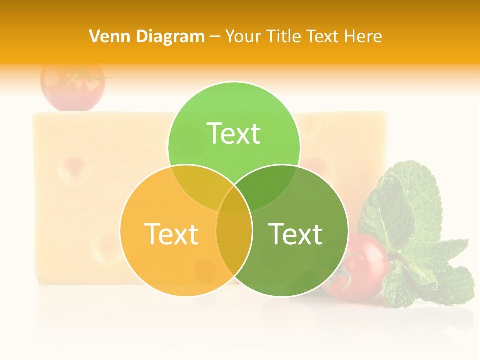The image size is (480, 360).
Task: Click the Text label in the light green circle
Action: (x=234, y=133)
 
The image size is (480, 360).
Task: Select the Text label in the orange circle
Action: (x=171, y=234)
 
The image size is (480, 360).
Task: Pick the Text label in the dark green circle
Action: (x=295, y=234)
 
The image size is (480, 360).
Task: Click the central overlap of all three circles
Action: (x=234, y=200)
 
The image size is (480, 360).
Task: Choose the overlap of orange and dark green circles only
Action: (x=234, y=245)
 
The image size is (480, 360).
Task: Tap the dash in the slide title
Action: (x=215, y=37)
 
